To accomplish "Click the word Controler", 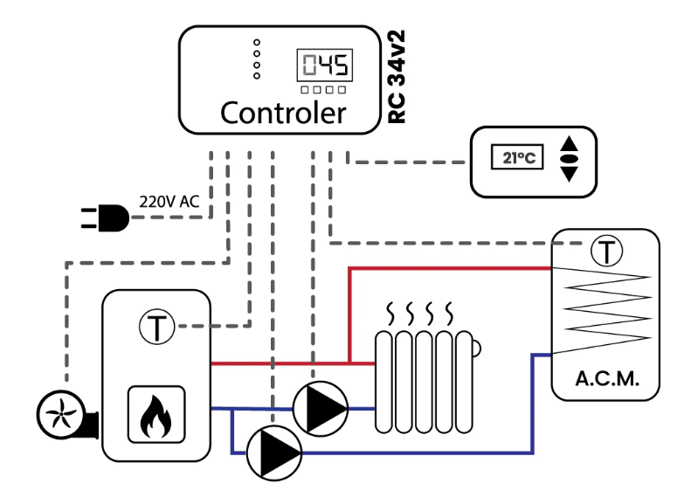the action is (x=283, y=113).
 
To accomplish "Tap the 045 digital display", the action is (x=325, y=65).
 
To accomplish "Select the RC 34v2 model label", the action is (x=397, y=77).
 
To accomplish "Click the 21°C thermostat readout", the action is (x=517, y=157).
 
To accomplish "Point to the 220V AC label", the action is (x=169, y=202).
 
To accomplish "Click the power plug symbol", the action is (x=105, y=217).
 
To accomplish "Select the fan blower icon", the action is (x=67, y=415).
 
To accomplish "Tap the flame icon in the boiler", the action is (x=156, y=415).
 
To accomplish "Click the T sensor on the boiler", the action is (x=157, y=327).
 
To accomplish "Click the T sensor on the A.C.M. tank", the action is (x=607, y=251).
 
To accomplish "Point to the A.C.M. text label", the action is (x=607, y=379).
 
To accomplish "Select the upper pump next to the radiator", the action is (x=321, y=409).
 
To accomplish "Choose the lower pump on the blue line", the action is (x=274, y=453).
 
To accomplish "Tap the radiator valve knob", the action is (x=477, y=349).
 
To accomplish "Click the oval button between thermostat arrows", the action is (x=569, y=159).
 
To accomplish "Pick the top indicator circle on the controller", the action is (x=257, y=42).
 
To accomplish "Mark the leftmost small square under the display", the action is (x=305, y=90).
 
